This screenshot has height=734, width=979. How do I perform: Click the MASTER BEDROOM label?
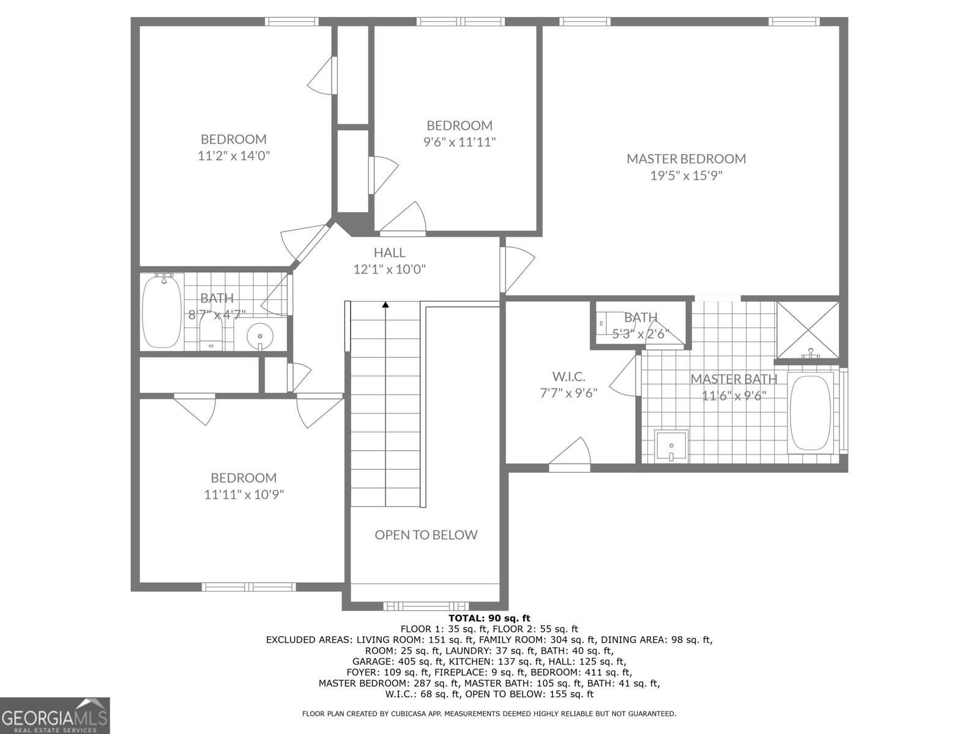pos(686,159)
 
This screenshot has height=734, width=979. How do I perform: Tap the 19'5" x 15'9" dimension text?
pos(686,176)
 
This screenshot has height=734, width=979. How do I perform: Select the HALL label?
pos(389,252)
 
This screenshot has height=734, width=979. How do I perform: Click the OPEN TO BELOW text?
pos(426,535)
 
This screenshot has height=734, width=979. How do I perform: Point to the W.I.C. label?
pos(568,376)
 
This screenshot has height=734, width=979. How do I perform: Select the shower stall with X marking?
pos(808,330)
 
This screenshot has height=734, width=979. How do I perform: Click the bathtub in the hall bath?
pos(162,312)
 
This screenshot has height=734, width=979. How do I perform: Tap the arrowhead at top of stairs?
pos(385,304)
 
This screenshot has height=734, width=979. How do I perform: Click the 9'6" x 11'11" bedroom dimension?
pos(460,143)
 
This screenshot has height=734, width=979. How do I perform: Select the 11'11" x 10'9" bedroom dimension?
pos(244,494)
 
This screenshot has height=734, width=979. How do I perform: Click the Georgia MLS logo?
pos(55,715)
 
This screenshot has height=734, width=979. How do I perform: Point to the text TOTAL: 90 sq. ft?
pos(489,618)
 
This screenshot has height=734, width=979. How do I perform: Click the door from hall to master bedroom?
pos(514,269)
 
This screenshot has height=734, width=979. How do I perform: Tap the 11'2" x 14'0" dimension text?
pos(234,156)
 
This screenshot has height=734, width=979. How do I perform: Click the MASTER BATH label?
pos(734,379)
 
